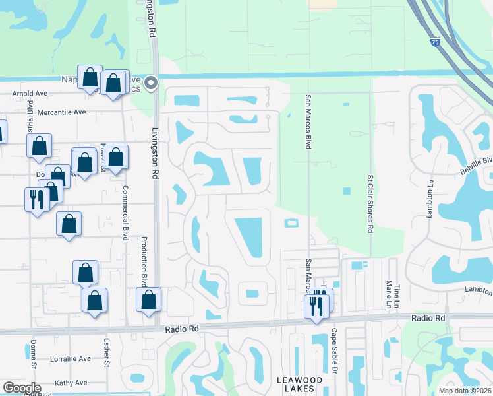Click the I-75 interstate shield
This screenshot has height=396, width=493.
(434, 41)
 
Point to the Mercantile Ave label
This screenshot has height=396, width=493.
(61, 112)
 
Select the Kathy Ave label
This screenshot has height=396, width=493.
(71, 383)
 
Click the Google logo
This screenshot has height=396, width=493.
(21, 388)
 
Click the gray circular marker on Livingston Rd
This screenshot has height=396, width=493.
(152, 83)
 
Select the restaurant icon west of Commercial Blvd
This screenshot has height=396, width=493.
(36, 199)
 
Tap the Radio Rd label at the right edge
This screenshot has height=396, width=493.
(428, 318)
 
